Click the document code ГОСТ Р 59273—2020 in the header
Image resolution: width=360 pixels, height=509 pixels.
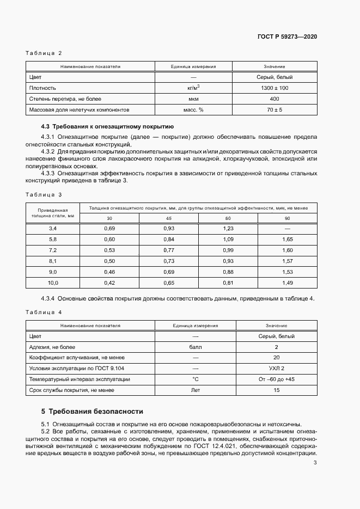click(287, 36)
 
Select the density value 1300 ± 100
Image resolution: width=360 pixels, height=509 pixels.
click(274, 88)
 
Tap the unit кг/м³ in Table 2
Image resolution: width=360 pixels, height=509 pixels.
click(193, 88)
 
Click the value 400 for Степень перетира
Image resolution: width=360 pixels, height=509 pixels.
click(274, 99)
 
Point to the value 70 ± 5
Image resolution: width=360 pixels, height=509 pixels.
click(274, 109)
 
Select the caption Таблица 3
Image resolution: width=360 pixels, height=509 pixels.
click(44, 194)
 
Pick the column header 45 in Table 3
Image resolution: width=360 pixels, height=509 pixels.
click(169, 218)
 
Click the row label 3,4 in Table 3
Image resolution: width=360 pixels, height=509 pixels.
click(53, 229)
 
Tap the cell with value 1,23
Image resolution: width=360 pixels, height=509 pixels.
click(228, 229)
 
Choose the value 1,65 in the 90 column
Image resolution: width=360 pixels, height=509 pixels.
click(288, 240)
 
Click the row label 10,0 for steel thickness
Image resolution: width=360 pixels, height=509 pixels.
click(53, 283)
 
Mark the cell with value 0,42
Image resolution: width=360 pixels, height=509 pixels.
click(109, 283)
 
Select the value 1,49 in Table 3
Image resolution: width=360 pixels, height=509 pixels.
click(288, 283)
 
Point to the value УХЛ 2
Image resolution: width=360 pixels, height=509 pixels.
click(276, 369)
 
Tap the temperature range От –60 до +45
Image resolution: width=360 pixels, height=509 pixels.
click(276, 379)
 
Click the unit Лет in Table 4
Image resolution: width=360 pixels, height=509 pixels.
click(195, 390)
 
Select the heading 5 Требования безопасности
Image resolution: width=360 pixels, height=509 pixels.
click(92, 412)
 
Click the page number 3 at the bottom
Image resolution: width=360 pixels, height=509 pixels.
click(315, 463)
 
